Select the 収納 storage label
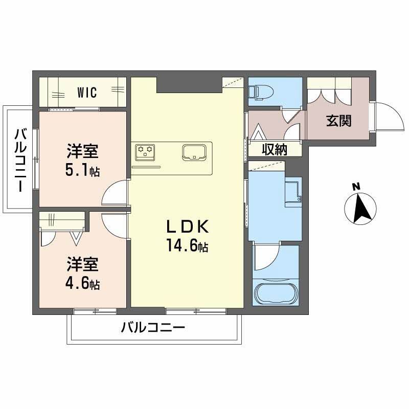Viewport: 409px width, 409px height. (x=275, y=149)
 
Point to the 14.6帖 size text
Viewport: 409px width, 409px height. (x=186, y=247)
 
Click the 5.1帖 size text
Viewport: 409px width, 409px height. (x=82, y=171)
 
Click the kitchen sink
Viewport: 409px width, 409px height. (x=194, y=152)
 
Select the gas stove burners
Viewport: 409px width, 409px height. (x=145, y=151)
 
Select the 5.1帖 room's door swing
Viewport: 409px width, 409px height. (x=115, y=194)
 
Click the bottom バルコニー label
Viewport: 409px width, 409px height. (x=152, y=327)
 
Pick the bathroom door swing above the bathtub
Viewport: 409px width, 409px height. (x=266, y=258)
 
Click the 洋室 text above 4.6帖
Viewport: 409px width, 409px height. (x=82, y=265)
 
